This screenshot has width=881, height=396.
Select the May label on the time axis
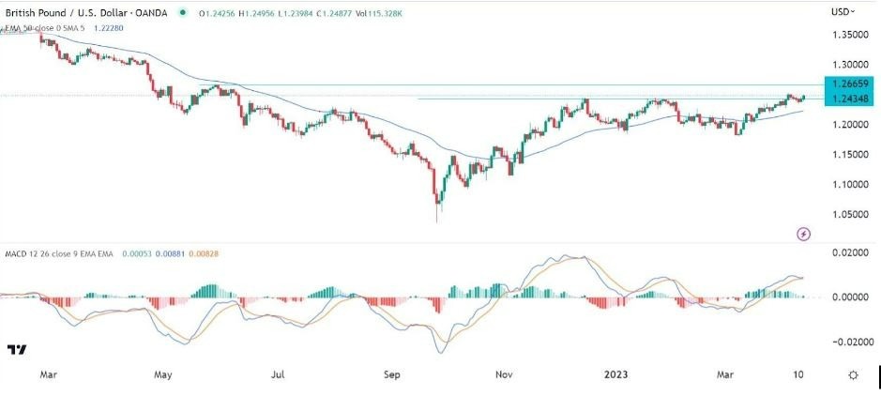pos(163,374)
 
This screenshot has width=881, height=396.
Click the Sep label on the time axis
pos(392,374)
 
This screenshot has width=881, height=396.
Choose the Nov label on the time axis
pos(505,374)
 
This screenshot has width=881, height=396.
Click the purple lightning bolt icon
pos(803,233)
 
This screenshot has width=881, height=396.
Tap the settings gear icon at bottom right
pos(853,374)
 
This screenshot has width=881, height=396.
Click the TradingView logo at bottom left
pos(16,350)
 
